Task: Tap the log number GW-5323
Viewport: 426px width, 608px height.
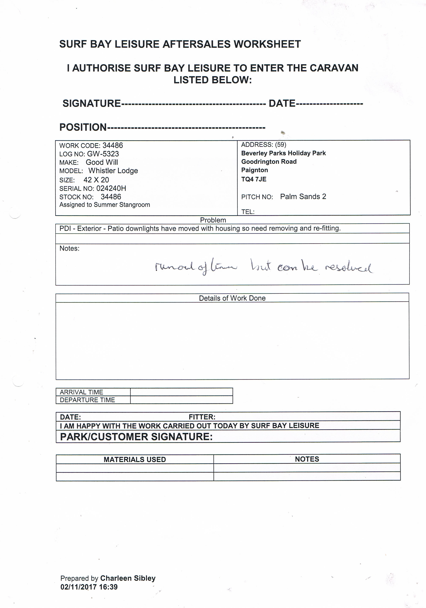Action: point(103,154)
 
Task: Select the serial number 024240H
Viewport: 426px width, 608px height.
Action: point(111,188)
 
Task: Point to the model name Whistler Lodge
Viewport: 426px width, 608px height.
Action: point(113,171)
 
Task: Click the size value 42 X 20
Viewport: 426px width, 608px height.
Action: point(96,180)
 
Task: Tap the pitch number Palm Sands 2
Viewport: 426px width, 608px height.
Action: point(303,196)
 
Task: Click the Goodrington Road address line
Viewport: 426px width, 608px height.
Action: point(269,162)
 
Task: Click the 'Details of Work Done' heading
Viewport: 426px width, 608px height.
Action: point(232,298)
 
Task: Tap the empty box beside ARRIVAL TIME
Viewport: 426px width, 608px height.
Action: point(181,392)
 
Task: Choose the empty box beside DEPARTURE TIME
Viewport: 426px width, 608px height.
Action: point(181,400)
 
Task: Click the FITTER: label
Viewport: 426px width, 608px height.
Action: point(202,417)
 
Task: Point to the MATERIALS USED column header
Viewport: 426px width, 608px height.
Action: point(135,459)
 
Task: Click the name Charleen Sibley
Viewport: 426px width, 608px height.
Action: point(128,578)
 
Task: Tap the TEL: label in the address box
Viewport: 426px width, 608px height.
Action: point(248,212)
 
